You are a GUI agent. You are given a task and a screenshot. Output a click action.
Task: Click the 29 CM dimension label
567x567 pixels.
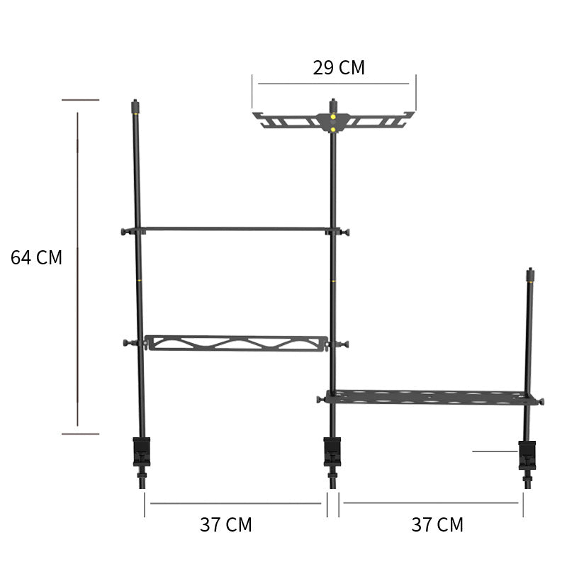click(x=339, y=67)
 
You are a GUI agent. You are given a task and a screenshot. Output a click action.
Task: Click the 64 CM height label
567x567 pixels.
click(x=37, y=257)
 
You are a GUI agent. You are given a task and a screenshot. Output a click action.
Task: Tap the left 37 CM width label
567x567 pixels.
click(x=226, y=524)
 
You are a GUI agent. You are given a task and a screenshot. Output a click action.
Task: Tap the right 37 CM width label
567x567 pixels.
click(x=437, y=524)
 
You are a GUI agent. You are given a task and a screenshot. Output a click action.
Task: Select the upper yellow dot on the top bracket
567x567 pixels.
click(x=333, y=117)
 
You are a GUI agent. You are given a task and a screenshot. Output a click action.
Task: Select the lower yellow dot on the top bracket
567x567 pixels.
click(x=333, y=130)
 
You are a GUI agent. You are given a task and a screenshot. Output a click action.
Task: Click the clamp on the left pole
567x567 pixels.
click(x=141, y=452)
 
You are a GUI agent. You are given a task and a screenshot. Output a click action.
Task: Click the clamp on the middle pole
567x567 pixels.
click(x=332, y=452)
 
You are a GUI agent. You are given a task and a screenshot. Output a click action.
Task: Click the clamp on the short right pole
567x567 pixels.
click(x=527, y=455)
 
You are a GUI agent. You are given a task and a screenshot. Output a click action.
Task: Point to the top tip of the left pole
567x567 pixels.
click(x=135, y=100)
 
